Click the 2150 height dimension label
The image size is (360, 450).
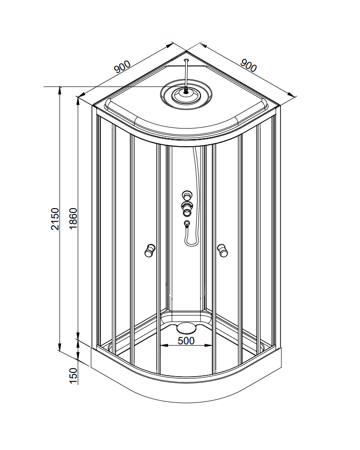[x=55, y=219]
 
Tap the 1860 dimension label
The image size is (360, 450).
[x=73, y=218]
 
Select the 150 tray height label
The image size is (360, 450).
[x=73, y=376]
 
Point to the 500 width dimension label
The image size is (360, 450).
[x=186, y=340]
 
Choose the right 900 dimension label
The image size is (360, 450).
[x=248, y=65]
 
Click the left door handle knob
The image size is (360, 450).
[x=149, y=250]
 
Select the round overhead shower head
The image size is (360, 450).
[x=187, y=95]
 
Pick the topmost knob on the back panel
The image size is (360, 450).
[x=187, y=195]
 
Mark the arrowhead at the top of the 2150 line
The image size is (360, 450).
[x=60, y=89]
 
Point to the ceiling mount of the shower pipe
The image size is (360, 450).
[x=187, y=60]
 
